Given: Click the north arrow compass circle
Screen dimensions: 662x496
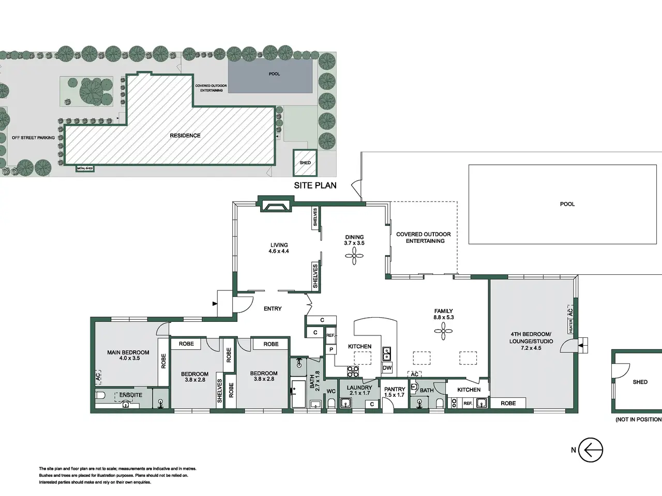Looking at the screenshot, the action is [591, 450].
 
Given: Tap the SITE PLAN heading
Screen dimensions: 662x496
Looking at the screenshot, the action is [315, 185].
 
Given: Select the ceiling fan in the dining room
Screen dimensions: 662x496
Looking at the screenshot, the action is [354, 256].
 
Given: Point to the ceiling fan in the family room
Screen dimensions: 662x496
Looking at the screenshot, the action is [443, 331].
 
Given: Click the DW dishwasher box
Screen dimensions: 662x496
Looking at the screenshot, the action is [387, 368].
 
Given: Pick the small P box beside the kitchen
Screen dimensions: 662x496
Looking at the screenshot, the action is [331, 350].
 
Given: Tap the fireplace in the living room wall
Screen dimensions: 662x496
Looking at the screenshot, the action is [275, 206].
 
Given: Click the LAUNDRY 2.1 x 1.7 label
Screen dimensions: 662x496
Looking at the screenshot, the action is [359, 390].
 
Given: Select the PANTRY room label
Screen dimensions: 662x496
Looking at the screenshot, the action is [395, 390].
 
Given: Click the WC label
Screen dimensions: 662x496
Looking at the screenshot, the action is [331, 391].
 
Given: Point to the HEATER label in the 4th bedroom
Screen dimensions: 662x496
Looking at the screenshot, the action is [570, 326].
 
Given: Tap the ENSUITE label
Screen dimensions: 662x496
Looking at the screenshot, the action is [131, 395].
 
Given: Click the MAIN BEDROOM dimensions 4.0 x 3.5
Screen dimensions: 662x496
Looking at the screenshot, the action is [129, 358].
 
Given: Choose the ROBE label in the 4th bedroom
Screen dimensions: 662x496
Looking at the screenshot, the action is [508, 403].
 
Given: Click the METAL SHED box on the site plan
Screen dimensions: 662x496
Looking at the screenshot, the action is [85, 168].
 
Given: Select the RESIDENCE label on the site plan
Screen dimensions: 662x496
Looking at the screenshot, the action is [185, 135].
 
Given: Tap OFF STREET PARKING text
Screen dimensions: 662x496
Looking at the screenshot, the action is [33, 137].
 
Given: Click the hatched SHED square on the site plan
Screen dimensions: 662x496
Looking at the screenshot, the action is [305, 163].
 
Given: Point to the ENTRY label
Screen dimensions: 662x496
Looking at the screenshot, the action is [273, 308].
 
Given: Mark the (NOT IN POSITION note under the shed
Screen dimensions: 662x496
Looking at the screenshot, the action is [639, 420].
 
